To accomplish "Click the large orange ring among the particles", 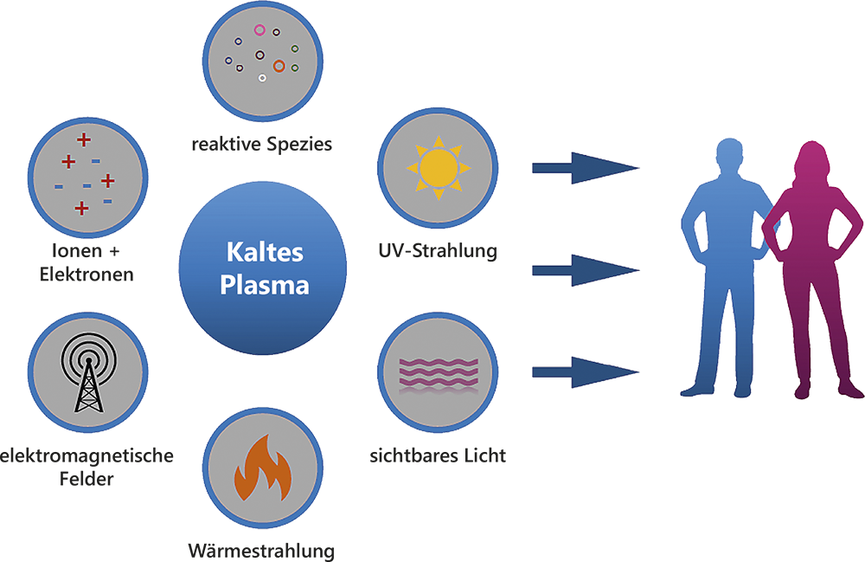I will tap(279, 65).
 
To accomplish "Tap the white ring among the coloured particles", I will tap(262, 79).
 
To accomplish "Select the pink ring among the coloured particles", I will tap(259, 30).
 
